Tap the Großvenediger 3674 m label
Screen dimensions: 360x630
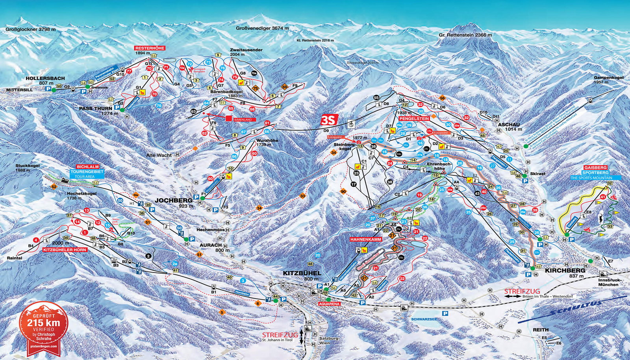coord(262,28)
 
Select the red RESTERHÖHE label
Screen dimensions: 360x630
coord(150,48)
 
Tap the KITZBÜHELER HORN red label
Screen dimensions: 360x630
coord(65,250)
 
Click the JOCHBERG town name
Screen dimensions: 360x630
coord(170,200)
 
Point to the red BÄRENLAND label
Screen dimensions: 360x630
coord(245,119)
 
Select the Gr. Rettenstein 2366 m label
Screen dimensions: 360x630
coord(465,35)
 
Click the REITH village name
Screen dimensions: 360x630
coord(540,330)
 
